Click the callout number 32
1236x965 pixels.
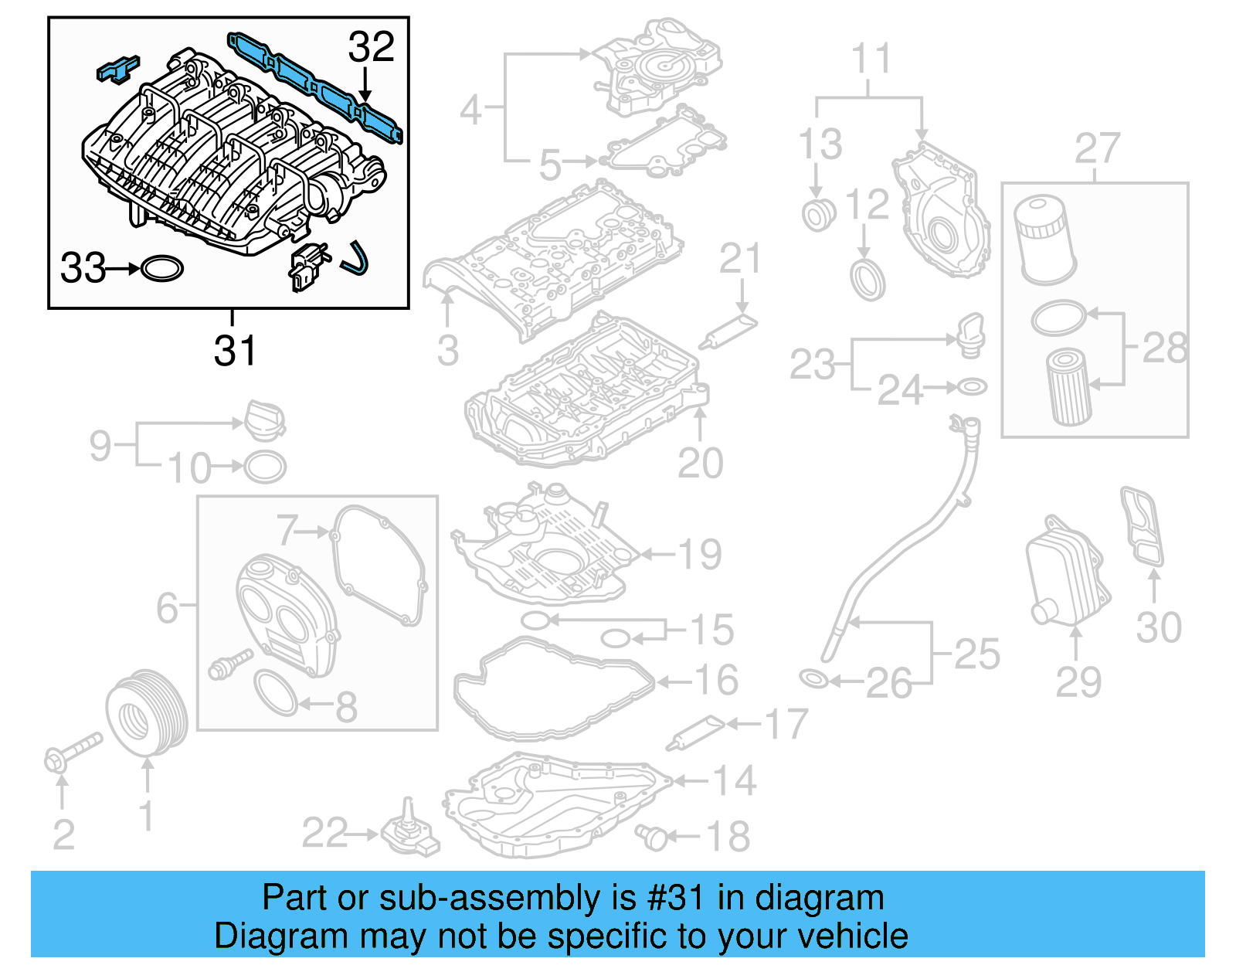pos(371,47)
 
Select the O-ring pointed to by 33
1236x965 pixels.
pos(162,269)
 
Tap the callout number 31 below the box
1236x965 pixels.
pos(234,352)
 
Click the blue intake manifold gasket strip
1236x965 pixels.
pos(314,85)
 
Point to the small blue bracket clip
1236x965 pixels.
pos(117,68)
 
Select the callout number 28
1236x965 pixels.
pos(1164,348)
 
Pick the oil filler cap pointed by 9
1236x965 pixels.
pos(265,422)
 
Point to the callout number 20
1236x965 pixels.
pos(700,464)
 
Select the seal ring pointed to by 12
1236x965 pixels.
pos(868,280)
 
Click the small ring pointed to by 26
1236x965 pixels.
pos(813,679)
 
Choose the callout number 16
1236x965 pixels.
pos(716,680)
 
